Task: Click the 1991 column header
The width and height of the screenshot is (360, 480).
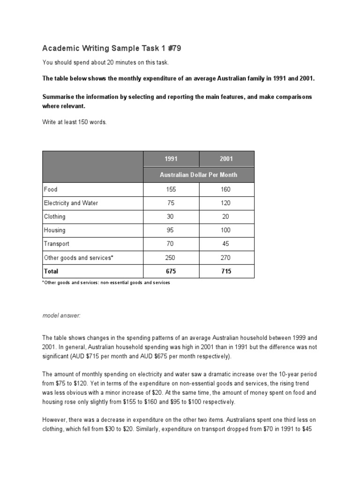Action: pos(171,159)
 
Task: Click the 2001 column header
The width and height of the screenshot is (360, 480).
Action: pos(226,159)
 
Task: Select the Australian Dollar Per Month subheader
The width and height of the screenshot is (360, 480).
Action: pos(199,175)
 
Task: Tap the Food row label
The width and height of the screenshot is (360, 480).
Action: pos(51,189)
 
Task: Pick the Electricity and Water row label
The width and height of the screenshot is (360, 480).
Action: pos(71,203)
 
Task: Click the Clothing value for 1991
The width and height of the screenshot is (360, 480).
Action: pos(171,217)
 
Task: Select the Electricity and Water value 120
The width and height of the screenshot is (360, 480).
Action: pos(226,203)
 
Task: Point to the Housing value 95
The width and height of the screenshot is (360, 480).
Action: pos(171,230)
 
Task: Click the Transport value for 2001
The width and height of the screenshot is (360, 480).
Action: pos(226,244)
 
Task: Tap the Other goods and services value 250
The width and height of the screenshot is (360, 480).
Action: pos(171,257)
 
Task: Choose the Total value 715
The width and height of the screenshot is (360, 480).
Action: pos(226,271)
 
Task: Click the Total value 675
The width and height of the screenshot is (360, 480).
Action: pos(171,271)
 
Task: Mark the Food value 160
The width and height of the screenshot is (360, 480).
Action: pos(226,189)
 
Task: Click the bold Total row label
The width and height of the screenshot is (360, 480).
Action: pos(51,271)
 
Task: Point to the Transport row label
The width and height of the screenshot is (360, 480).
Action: pos(56,244)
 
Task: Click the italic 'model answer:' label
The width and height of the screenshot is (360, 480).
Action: pos(61,316)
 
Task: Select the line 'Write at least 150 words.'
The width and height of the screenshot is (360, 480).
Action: pos(75,122)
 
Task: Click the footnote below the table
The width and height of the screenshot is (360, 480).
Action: pos(106,283)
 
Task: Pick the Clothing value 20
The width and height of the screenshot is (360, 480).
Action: pos(226,217)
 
